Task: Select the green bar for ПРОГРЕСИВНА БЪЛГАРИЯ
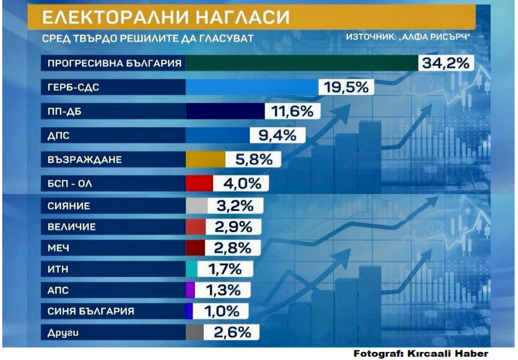click(x=301, y=63)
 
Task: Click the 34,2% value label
click(x=445, y=63)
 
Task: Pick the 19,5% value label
click(x=347, y=87)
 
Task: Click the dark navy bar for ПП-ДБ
click(x=225, y=111)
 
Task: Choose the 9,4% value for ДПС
click(x=277, y=136)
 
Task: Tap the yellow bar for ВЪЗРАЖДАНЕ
click(x=206, y=160)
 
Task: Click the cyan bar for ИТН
click(x=191, y=269)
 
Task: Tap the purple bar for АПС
click(x=190, y=290)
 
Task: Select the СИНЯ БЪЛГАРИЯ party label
click(x=91, y=311)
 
